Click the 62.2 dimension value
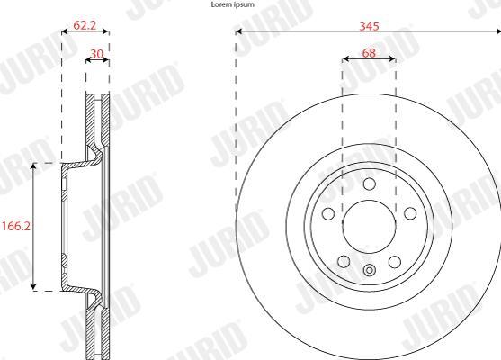pos(85,25)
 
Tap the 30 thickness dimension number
pos(96,54)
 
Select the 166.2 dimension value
pos(16,227)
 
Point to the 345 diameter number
pos(370,26)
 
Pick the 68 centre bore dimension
pos(369,53)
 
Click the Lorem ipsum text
pos(233,4)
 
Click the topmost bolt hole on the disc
pos(370,184)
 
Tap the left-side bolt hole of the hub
pos(328,214)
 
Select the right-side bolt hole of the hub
pos(410,213)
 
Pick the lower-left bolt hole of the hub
pos(344,262)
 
